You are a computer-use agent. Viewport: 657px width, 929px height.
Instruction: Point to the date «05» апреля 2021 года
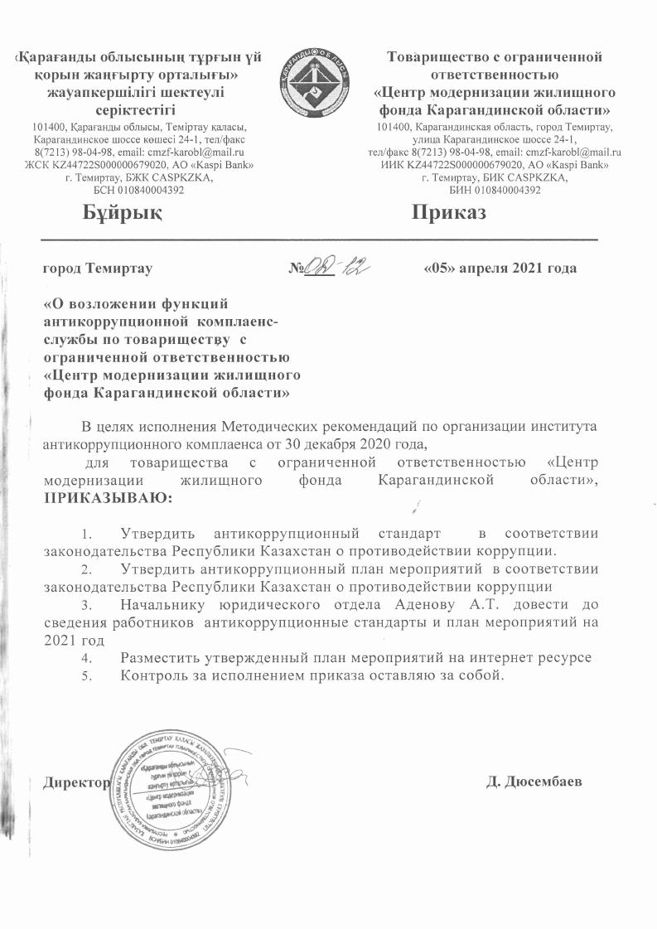[500, 269]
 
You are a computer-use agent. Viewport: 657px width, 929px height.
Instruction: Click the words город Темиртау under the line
[97, 269]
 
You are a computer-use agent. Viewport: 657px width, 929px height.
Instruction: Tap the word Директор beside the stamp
[77, 783]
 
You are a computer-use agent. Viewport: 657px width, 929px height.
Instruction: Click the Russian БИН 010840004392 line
[494, 190]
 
